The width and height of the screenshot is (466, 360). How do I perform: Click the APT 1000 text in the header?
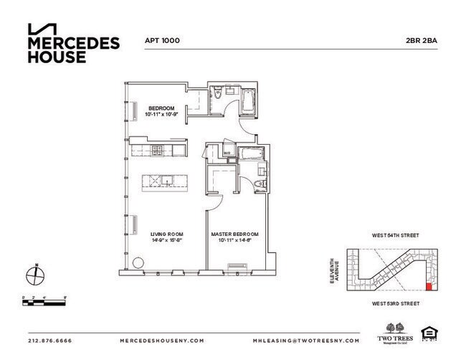point(162,42)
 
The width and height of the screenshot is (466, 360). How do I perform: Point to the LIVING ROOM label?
point(165,234)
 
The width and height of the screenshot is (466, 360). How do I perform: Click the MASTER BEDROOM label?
point(234,234)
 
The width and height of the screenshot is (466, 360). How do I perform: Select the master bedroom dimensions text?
point(234,240)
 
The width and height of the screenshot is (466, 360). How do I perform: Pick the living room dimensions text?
point(165,240)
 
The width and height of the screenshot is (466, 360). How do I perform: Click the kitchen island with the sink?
point(162,181)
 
